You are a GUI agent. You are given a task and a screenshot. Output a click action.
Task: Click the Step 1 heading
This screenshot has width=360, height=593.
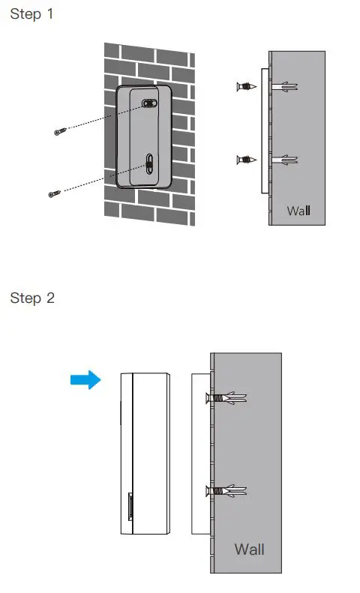(32, 14)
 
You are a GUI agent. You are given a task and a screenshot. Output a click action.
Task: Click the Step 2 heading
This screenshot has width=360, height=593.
(32, 298)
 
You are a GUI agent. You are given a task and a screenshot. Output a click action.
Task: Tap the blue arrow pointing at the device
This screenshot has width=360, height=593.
(85, 381)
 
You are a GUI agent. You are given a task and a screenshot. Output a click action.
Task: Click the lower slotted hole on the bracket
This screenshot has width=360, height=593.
(149, 162)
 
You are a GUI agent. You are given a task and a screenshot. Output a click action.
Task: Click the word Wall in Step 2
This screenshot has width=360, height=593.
(249, 549)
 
